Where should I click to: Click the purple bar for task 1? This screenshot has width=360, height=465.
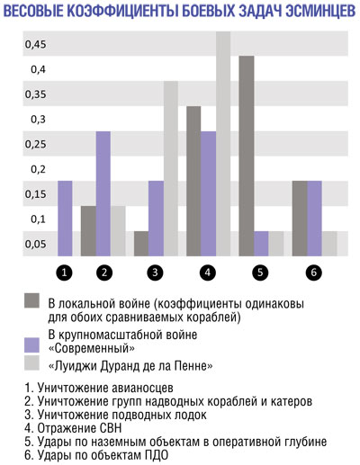pyautogui.click(x=65, y=219)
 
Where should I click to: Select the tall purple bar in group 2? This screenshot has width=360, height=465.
pyautogui.click(x=103, y=193)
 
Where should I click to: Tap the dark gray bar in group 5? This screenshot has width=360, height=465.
pyautogui.click(x=247, y=156)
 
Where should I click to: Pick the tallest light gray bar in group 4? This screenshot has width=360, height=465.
pyautogui.click(x=223, y=144)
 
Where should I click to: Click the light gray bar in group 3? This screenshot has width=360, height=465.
pyautogui.click(x=171, y=168)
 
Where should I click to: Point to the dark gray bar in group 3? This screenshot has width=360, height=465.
pyautogui.click(x=141, y=244)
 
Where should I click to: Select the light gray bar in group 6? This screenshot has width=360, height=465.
pyautogui.click(x=329, y=244)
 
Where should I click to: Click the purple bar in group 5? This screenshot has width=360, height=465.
pyautogui.click(x=261, y=244)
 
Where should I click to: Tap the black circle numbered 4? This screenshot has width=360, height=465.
pyautogui.click(x=208, y=273)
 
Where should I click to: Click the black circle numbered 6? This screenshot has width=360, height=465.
pyautogui.click(x=314, y=273)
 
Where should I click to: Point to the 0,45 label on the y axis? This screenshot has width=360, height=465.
pyautogui.click(x=36, y=44)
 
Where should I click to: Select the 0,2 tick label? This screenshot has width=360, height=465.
pyautogui.click(x=39, y=169)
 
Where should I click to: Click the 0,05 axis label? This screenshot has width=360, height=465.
pyautogui.click(x=36, y=244)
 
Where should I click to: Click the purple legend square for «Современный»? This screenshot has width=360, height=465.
pyautogui.click(x=31, y=345)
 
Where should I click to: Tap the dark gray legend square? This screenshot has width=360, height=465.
pyautogui.click(x=31, y=300)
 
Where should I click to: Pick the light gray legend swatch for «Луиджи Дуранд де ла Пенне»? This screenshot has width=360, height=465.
pyautogui.click(x=31, y=363)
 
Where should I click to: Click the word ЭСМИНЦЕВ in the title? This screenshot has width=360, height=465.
pyautogui.click(x=320, y=11)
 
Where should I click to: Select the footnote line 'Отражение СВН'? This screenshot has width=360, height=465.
pyautogui.click(x=73, y=428)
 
